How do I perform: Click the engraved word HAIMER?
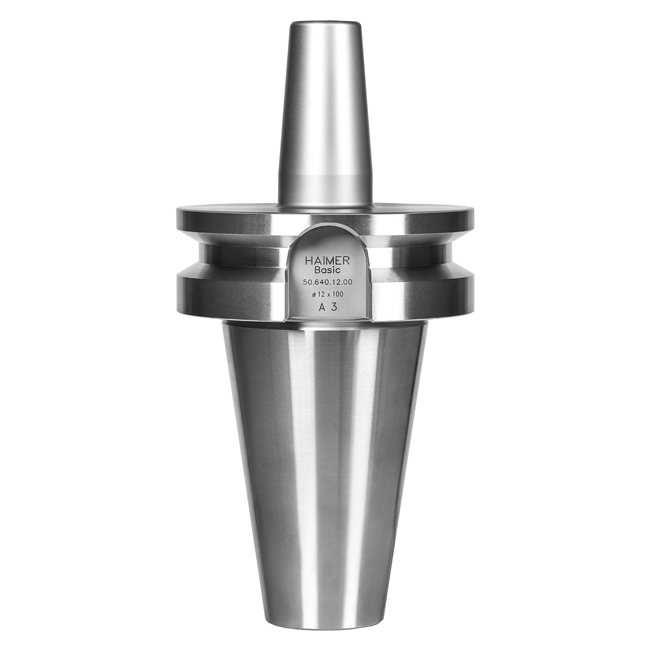(327, 260)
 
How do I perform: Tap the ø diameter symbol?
(311, 294)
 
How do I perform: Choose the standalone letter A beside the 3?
(321, 307)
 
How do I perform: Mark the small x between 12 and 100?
(328, 295)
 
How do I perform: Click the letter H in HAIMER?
(308, 260)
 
